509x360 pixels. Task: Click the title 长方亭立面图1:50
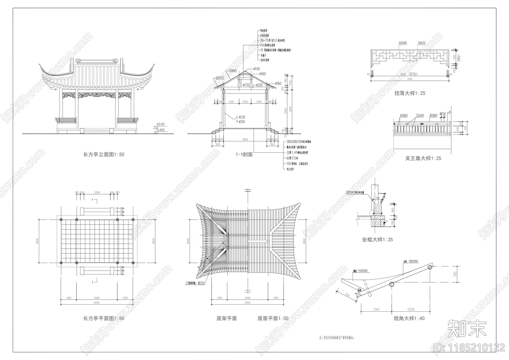(104, 155)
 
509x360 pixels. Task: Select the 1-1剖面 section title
(244, 155)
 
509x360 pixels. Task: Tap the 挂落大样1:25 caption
(410, 93)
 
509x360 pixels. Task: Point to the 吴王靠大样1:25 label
(423, 158)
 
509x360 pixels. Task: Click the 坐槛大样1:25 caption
(377, 239)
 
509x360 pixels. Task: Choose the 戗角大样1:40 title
(409, 318)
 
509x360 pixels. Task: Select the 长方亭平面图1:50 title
(104, 318)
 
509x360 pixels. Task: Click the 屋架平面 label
(227, 318)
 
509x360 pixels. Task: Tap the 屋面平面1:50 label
(273, 318)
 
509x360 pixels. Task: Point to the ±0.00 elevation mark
(160, 124)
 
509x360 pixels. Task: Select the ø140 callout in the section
(256, 69)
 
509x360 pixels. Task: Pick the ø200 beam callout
(259, 85)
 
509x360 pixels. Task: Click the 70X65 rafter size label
(233, 71)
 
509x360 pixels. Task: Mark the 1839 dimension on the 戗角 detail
(410, 309)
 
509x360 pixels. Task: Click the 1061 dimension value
(376, 309)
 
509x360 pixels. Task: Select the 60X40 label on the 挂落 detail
(402, 43)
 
